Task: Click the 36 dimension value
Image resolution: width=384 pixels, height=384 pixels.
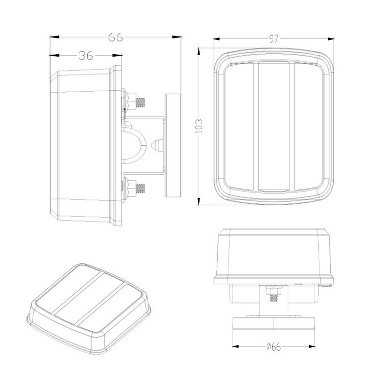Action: coord(86,56)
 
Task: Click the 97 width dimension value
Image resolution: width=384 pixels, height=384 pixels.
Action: coord(274,39)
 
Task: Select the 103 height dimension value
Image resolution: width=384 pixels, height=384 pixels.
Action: coord(199,126)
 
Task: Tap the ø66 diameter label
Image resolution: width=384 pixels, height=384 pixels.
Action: coord(273,346)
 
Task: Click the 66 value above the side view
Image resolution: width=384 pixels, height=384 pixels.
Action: coord(115,37)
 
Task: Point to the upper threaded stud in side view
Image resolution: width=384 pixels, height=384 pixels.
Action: coord(140,102)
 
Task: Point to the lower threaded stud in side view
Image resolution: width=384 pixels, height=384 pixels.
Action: coord(140,188)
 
